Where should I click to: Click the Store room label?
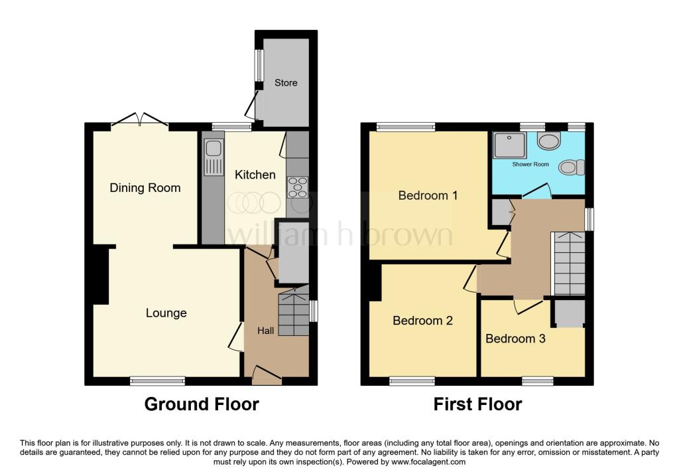[x=286, y=83]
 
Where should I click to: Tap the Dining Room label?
[x=145, y=188]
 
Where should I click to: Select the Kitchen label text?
[x=255, y=175]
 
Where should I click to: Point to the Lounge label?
[x=166, y=313]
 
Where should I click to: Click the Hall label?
[x=266, y=330]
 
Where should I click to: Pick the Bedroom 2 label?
[x=422, y=321]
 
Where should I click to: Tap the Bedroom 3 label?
[x=515, y=339]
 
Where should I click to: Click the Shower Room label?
[x=530, y=164]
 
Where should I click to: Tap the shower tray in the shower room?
[x=511, y=143]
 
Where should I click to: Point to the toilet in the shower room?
[x=549, y=140]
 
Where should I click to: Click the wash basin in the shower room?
[x=569, y=168]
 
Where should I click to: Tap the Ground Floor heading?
[x=202, y=404]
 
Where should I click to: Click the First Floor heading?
[x=477, y=404]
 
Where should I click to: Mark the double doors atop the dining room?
[x=139, y=120]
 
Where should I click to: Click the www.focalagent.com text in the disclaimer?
[x=428, y=462]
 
